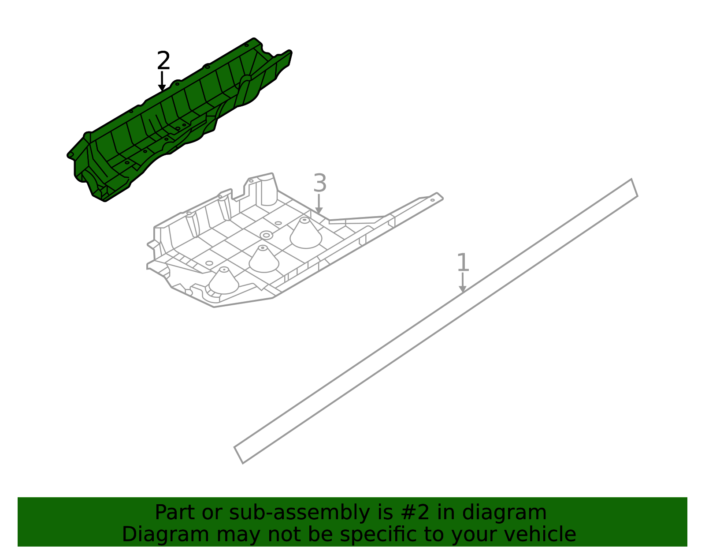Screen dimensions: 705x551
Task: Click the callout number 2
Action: [x=163, y=60]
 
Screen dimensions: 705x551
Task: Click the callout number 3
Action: [x=320, y=183]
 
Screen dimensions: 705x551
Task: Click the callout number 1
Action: [x=463, y=262]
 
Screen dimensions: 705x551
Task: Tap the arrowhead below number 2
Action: [x=162, y=88]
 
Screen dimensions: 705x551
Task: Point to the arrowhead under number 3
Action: [x=319, y=210]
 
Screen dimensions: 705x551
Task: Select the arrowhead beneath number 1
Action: [x=463, y=289]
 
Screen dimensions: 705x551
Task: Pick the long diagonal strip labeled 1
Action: [x=436, y=322]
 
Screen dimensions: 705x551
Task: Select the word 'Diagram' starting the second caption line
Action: [x=166, y=535]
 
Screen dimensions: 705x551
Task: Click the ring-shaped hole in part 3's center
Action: [x=267, y=235]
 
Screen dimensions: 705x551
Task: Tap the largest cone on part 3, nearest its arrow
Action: [x=306, y=233]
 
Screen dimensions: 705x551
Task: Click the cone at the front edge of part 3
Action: [x=223, y=281]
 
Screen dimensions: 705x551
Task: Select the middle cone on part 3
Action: [x=264, y=259]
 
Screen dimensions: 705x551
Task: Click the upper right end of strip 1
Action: [x=634, y=187]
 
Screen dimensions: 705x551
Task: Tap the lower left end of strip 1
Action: [x=238, y=455]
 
